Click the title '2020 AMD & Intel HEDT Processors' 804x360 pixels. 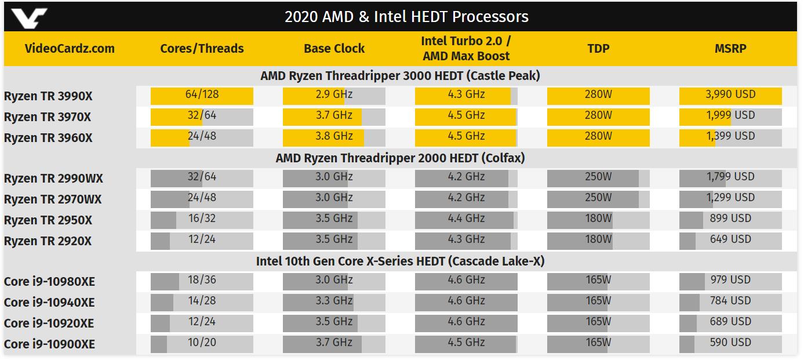tap(406, 17)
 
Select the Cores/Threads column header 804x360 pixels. tap(202, 49)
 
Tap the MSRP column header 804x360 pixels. tap(730, 49)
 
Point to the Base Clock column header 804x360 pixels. tap(334, 49)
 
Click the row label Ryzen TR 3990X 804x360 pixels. tap(48, 96)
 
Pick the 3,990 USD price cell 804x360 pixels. tap(730, 94)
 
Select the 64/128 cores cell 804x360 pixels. tap(202, 94)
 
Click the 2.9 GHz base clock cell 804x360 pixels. tap(334, 94)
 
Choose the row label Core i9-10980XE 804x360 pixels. tap(49, 282)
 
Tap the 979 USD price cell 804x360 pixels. tap(730, 280)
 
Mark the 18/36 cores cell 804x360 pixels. tap(202, 280)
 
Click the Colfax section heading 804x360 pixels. tap(401, 158)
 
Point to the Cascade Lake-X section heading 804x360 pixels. tap(401, 261)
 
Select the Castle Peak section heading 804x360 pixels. tap(401, 75)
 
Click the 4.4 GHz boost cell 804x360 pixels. tap(466, 219)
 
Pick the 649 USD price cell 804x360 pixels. tap(730, 239)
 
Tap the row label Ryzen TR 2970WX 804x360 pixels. tap(53, 199)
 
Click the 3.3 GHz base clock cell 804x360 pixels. tap(334, 301)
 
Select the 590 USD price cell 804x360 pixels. tap(730, 343)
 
